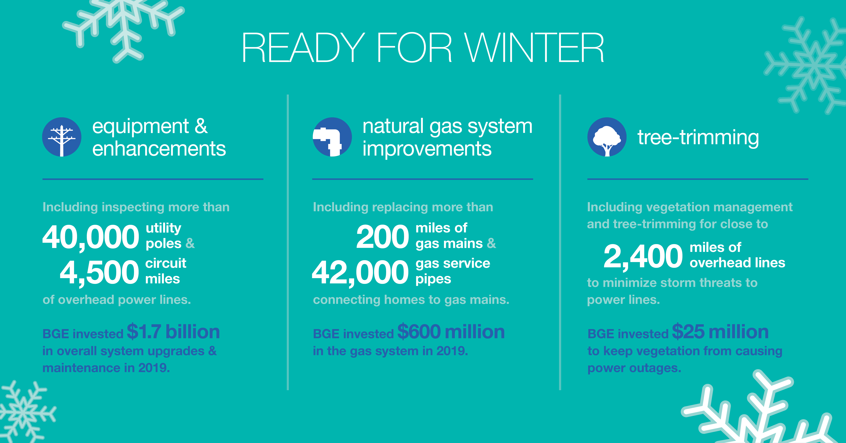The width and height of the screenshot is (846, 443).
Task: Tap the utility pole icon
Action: click(x=62, y=137)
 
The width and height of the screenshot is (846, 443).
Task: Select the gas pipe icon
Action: click(x=332, y=137)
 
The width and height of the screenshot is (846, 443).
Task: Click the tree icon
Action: click(x=607, y=137)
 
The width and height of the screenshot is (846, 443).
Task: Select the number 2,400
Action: click(x=643, y=256)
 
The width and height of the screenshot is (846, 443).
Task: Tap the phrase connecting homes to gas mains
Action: click(x=411, y=300)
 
